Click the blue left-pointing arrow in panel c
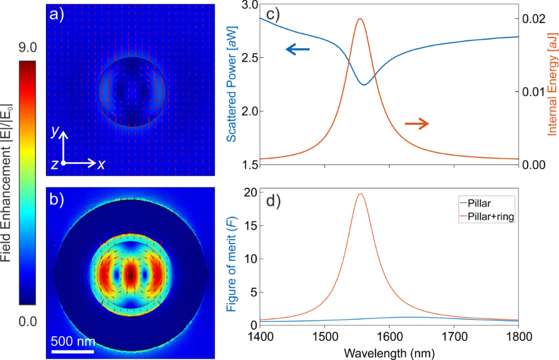point(298,50)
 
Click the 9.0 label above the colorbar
point(29,49)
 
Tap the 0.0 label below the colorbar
point(29,321)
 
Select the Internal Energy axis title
point(551,84)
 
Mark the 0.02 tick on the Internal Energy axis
point(534,19)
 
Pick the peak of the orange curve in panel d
point(360,194)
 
